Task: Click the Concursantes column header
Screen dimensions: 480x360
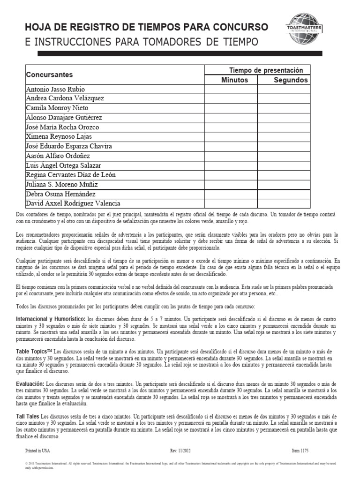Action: coord(49,75)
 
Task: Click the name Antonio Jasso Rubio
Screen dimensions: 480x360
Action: coord(55,89)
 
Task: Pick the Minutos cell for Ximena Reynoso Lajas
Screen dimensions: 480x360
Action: coord(230,136)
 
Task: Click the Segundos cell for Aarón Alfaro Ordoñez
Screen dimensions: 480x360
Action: coord(284,156)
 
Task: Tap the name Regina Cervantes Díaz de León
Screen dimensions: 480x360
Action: coord(70,175)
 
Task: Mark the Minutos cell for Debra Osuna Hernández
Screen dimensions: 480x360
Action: coord(230,194)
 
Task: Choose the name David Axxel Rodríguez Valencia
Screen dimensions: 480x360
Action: coord(73,203)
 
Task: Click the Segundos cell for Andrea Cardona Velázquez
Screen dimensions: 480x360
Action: coord(284,98)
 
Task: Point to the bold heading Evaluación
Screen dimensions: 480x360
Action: coord(30,383)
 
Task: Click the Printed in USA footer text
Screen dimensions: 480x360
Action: coord(36,450)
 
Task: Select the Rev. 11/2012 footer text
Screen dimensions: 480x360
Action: coord(180,450)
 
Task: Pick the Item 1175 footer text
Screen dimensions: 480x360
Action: coord(300,450)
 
